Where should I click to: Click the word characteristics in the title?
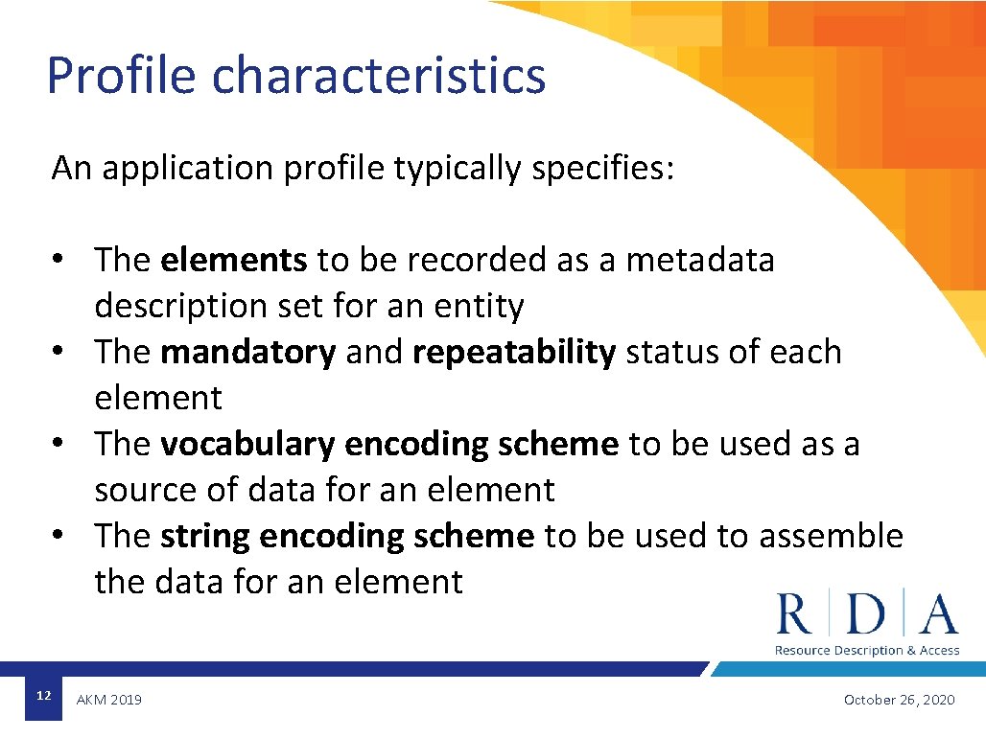coord(379,76)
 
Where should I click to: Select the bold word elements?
coord(234,260)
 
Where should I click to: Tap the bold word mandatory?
coord(247,352)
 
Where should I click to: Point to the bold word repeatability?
coord(514,352)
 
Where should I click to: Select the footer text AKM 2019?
coord(108,701)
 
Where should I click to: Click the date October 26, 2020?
coord(899,701)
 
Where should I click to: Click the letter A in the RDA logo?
coord(937,614)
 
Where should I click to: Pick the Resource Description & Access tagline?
coord(866,651)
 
